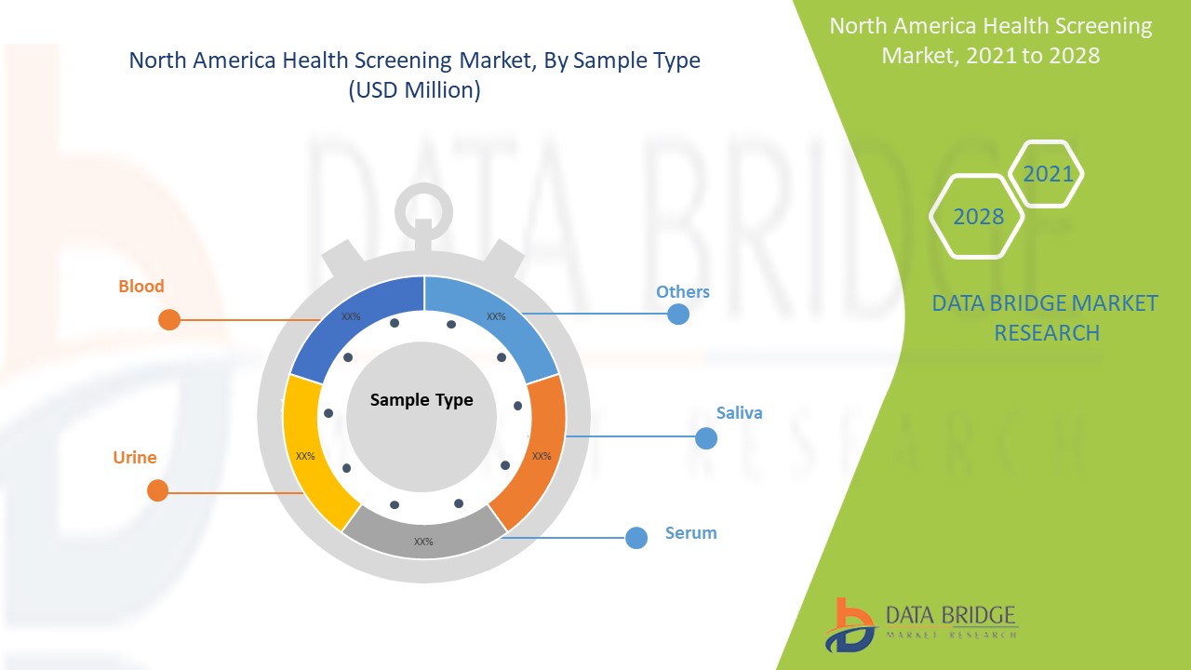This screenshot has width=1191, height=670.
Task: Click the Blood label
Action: pos(141,287)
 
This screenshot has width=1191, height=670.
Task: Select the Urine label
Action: pos(135,458)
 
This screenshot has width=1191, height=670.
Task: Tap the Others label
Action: pos(682,292)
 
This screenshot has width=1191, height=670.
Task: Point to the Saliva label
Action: pos(739,413)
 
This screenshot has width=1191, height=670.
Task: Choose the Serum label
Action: pos(690,533)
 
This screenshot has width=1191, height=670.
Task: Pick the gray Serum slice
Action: pos(424,535)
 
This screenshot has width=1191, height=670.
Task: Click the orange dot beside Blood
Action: pos(169,320)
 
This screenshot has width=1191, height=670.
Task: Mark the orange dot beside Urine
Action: pos(158,490)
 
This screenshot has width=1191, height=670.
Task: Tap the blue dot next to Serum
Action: pos(636,538)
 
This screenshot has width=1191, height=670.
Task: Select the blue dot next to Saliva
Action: pos(706,438)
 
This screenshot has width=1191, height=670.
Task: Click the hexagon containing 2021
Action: pos(1047,174)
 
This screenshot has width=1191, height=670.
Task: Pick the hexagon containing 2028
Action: pos(977,216)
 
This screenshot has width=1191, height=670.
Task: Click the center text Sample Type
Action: pos(422,400)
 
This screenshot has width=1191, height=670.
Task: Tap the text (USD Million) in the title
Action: pos(414,91)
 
